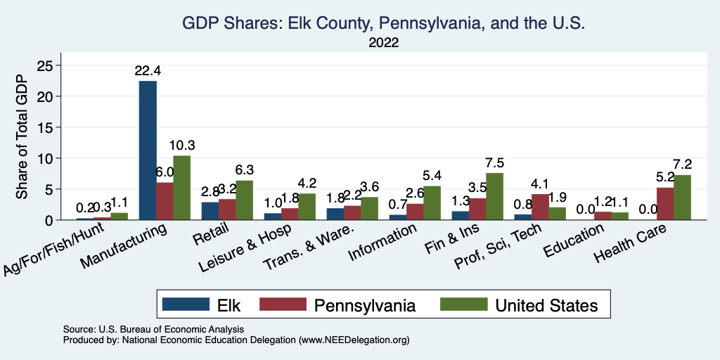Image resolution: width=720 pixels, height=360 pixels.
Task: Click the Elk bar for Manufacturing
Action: pos(148,150)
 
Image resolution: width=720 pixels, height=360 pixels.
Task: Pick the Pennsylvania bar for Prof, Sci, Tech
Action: pos(540,207)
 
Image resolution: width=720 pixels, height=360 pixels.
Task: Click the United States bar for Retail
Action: pos(245,200)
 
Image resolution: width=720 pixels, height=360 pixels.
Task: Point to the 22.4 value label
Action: pos(148,71)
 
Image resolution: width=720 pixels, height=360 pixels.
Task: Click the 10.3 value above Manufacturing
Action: pos(182,146)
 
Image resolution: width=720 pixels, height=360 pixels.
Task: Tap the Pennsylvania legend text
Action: pos(365,304)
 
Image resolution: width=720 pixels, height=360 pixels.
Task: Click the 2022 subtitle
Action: pos(383,42)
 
